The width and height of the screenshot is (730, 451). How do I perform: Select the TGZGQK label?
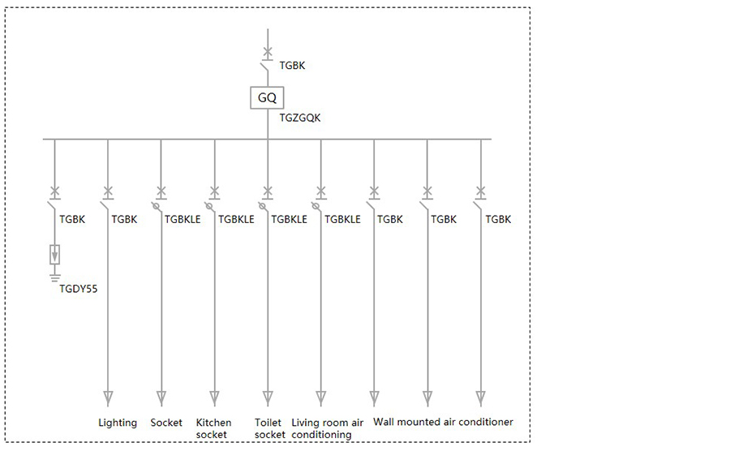click(x=300, y=118)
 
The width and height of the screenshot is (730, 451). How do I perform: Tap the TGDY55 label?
click(x=78, y=289)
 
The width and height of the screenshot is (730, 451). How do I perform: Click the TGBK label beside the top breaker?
click(x=292, y=66)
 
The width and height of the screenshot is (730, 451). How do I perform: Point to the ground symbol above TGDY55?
click(x=55, y=278)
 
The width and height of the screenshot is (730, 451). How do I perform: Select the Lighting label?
click(x=118, y=423)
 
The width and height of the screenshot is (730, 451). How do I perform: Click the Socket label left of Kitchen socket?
click(x=166, y=423)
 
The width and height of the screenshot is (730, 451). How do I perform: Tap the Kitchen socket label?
click(x=213, y=428)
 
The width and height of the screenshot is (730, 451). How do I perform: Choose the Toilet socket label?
click(x=269, y=428)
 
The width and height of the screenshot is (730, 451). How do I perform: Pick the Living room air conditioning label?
click(x=328, y=428)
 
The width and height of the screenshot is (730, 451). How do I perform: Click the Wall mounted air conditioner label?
click(x=443, y=422)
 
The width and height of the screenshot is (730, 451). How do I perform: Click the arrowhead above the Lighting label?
click(x=108, y=398)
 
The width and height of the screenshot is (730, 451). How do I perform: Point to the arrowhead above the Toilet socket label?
click(x=268, y=398)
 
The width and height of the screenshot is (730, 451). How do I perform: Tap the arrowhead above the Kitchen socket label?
click(x=215, y=398)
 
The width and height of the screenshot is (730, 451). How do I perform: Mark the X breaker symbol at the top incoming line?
click(x=268, y=52)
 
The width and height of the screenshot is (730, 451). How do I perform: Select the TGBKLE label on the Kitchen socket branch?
click(x=236, y=219)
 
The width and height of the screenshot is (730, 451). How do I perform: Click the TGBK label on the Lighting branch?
click(x=124, y=219)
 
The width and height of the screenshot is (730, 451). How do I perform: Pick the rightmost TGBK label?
click(x=498, y=219)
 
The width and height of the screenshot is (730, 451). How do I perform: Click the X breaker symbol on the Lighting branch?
click(x=108, y=191)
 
